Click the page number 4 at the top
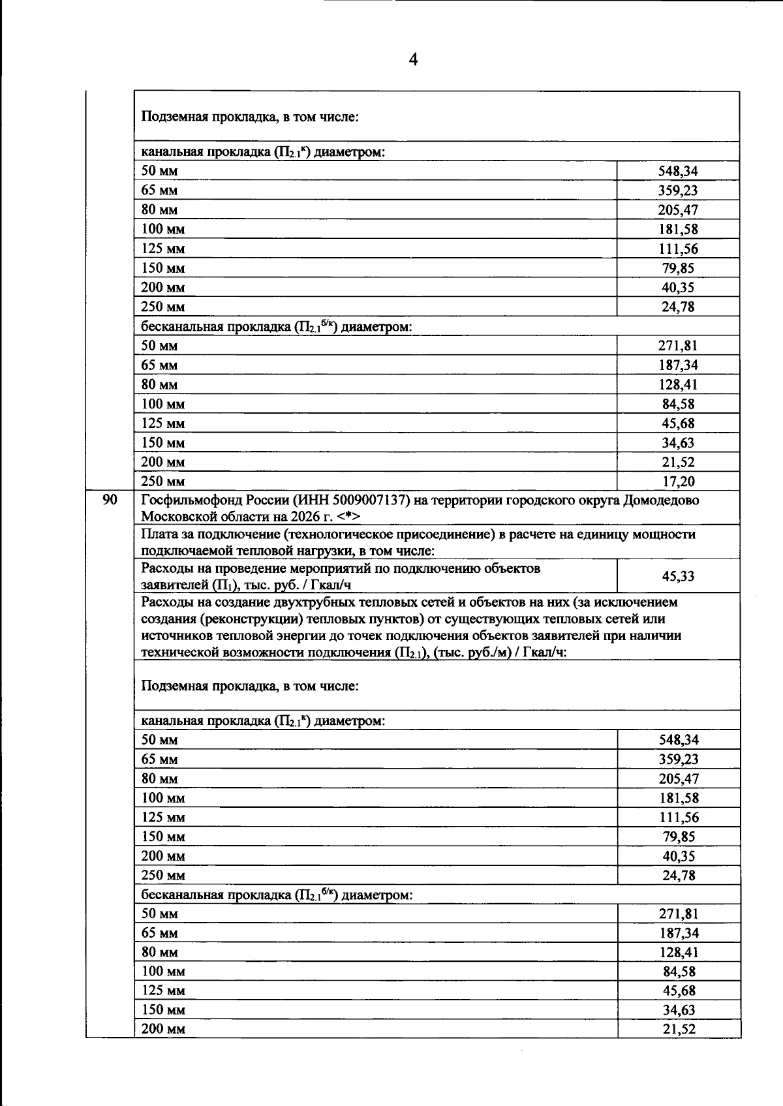413,60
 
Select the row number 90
110,500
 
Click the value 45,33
678,576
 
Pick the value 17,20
678,482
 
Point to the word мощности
666,534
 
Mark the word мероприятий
311,568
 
